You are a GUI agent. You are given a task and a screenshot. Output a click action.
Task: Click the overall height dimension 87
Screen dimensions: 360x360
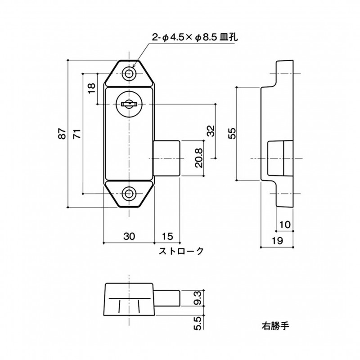click(x=62, y=134)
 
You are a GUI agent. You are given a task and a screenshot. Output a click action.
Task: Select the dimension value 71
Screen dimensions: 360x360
click(x=77, y=134)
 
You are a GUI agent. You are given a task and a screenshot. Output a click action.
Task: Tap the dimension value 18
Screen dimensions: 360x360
click(x=91, y=88)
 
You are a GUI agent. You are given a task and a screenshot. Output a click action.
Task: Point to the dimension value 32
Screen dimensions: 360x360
click(x=211, y=131)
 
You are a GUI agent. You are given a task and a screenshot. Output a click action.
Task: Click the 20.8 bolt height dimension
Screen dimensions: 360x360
click(x=199, y=158)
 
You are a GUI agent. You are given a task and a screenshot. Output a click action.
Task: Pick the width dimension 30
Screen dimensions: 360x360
click(x=129, y=236)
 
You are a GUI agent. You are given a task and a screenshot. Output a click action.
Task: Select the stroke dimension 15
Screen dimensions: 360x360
click(x=167, y=236)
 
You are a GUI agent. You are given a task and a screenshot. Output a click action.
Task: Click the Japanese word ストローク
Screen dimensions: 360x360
click(x=181, y=251)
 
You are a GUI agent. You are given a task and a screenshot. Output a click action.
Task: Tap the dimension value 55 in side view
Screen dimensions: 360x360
click(x=232, y=133)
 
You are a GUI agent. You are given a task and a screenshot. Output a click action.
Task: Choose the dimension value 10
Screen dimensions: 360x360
click(x=285, y=224)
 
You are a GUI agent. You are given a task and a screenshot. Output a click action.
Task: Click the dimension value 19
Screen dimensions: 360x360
click(x=277, y=241)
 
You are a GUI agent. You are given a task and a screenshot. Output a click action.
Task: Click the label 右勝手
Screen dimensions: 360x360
click(x=275, y=326)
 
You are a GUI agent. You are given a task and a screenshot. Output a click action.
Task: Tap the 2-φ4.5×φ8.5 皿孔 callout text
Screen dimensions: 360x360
click(x=195, y=37)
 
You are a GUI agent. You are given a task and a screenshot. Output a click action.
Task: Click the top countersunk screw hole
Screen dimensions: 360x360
click(x=129, y=74)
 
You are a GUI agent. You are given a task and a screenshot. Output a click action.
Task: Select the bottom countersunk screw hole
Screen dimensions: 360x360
click(x=129, y=193)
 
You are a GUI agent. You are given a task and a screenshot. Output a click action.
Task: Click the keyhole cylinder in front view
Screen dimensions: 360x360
click(x=129, y=104)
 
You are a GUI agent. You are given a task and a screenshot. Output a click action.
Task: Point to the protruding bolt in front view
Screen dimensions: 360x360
click(x=166, y=158)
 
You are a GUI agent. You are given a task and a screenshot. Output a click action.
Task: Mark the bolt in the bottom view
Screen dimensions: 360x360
click(x=167, y=298)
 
